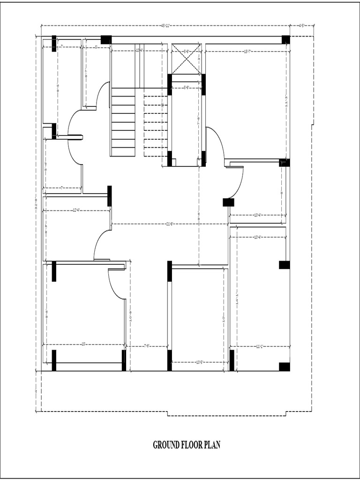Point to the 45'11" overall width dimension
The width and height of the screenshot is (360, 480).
point(165,25)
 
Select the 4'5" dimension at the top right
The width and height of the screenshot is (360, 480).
point(302,25)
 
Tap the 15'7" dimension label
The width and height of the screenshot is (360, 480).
point(247,51)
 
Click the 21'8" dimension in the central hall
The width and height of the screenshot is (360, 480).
point(170,224)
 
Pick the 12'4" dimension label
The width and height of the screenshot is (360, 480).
point(76,210)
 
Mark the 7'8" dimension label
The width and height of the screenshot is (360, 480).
point(146,347)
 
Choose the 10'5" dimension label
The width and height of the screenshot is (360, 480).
point(199,362)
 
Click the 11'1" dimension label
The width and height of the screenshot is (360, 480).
point(260,347)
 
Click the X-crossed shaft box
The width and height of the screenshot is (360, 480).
point(186,59)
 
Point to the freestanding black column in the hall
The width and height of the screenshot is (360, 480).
point(228,202)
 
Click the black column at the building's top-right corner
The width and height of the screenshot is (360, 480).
point(285,40)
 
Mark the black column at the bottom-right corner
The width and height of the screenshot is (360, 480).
point(284,367)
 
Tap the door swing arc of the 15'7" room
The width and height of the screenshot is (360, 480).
point(216,143)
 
